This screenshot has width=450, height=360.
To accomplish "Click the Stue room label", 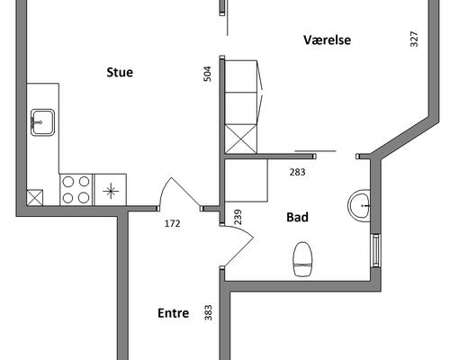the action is (x=120, y=72).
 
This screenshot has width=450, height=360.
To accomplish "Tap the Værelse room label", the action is (x=327, y=40).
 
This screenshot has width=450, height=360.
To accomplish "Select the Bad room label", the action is (x=297, y=217).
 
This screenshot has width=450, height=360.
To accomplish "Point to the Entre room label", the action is (x=174, y=313).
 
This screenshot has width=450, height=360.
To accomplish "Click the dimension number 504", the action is (x=208, y=74).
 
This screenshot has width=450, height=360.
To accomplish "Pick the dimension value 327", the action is (x=414, y=39).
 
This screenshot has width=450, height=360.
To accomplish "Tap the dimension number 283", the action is (x=298, y=172).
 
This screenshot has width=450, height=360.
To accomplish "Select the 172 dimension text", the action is (x=173, y=223).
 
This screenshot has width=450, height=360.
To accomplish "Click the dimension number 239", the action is (x=238, y=217).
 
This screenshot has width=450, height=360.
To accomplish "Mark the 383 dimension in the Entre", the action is (x=208, y=312).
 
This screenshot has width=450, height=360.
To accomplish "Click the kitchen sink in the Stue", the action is (x=43, y=122).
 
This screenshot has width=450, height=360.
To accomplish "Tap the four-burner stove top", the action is (x=76, y=190).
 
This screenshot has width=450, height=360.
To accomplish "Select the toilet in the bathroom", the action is (x=302, y=259).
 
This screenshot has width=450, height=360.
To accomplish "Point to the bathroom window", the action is (x=376, y=250).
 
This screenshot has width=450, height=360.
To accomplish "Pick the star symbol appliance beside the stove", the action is (x=111, y=191).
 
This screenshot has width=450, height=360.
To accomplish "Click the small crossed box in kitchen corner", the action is (x=35, y=198).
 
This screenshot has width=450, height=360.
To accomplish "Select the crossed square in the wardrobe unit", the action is (x=241, y=139).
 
